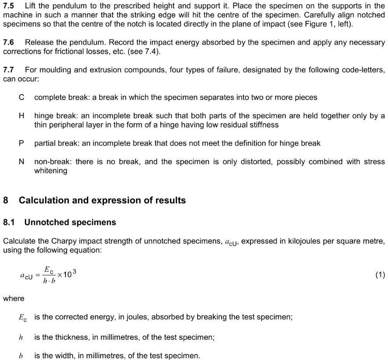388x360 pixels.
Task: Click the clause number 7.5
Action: tap(9, 6)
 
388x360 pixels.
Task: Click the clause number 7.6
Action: tap(9, 42)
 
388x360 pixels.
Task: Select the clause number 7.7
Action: tap(9, 70)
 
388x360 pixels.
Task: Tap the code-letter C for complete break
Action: tap(21, 98)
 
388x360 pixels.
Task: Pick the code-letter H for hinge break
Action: tap(21, 116)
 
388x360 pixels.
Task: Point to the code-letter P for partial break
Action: tap(21, 143)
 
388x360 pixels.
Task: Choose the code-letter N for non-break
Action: tap(21, 161)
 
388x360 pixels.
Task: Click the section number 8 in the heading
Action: tap(6, 200)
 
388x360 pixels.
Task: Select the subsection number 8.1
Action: tap(9, 222)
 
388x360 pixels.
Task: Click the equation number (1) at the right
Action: tap(380, 275)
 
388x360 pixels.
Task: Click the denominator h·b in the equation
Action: tap(49, 281)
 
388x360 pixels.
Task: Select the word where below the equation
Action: tap(14, 298)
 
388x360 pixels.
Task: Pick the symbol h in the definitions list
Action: tap(21, 337)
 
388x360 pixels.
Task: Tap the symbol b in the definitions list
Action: tap(21, 356)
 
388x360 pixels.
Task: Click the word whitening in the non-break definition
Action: tap(51, 171)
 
